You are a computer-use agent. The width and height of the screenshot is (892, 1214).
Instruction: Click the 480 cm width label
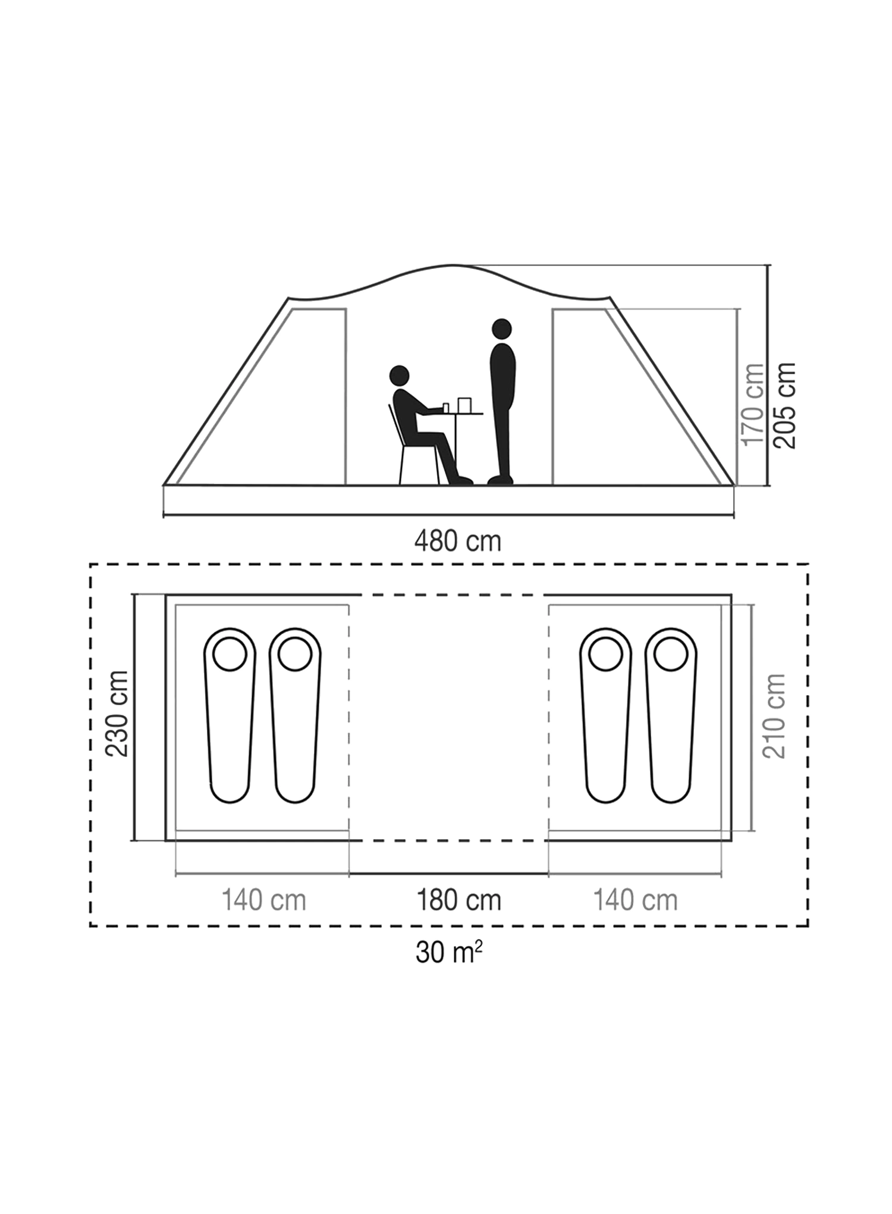458,542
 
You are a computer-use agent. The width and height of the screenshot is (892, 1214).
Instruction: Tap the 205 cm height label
784,405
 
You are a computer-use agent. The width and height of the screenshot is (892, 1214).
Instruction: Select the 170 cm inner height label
753,404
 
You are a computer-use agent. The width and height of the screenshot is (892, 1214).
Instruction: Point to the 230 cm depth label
117,713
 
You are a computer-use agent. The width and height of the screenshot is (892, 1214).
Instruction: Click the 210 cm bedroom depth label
774,716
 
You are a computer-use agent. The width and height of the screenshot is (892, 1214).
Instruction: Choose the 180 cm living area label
458,900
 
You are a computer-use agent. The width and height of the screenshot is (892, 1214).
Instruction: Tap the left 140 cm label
263,900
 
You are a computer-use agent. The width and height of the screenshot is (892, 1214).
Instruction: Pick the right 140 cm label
636,900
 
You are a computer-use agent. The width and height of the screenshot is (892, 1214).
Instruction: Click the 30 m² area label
449,953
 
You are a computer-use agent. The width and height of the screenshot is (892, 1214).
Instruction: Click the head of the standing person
502,328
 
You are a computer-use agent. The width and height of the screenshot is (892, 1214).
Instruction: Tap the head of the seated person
400,376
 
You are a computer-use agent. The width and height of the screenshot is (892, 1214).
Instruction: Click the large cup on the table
464,405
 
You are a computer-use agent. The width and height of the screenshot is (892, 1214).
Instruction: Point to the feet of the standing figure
500,479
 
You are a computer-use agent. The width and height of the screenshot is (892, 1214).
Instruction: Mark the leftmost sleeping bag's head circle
230,654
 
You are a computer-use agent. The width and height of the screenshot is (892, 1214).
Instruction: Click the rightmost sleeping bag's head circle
671,654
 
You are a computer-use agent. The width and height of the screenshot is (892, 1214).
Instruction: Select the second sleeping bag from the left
295,715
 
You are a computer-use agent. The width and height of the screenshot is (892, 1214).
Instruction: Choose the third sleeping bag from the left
606,715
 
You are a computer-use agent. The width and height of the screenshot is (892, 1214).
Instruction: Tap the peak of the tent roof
452,265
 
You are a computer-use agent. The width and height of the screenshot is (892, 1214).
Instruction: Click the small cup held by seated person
445,408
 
